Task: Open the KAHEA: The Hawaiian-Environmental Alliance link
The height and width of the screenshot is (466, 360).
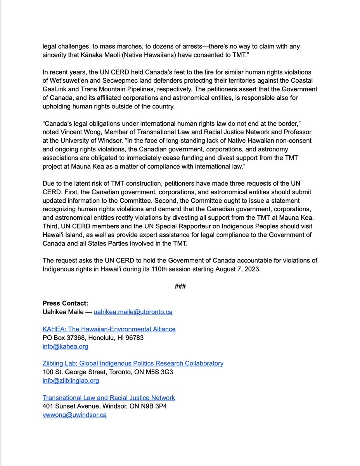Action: [109, 329]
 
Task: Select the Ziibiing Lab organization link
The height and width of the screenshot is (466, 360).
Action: [133, 363]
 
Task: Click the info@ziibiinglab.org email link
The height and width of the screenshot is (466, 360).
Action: [71, 381]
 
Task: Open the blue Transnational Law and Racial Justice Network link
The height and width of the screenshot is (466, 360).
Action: [109, 398]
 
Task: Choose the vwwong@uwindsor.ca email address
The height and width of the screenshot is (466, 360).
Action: [74, 415]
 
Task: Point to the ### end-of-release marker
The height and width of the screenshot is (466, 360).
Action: [180, 286]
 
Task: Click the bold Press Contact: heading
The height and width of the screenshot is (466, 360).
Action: [66, 303]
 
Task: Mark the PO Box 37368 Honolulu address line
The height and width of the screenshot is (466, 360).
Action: [93, 337]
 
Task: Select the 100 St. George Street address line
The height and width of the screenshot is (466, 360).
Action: [108, 372]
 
